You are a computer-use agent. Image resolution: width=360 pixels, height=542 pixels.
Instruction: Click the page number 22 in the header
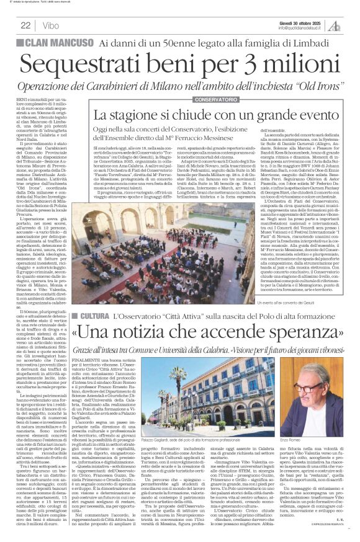point(25,25)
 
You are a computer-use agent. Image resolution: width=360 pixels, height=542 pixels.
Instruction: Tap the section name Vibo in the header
point(52,25)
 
